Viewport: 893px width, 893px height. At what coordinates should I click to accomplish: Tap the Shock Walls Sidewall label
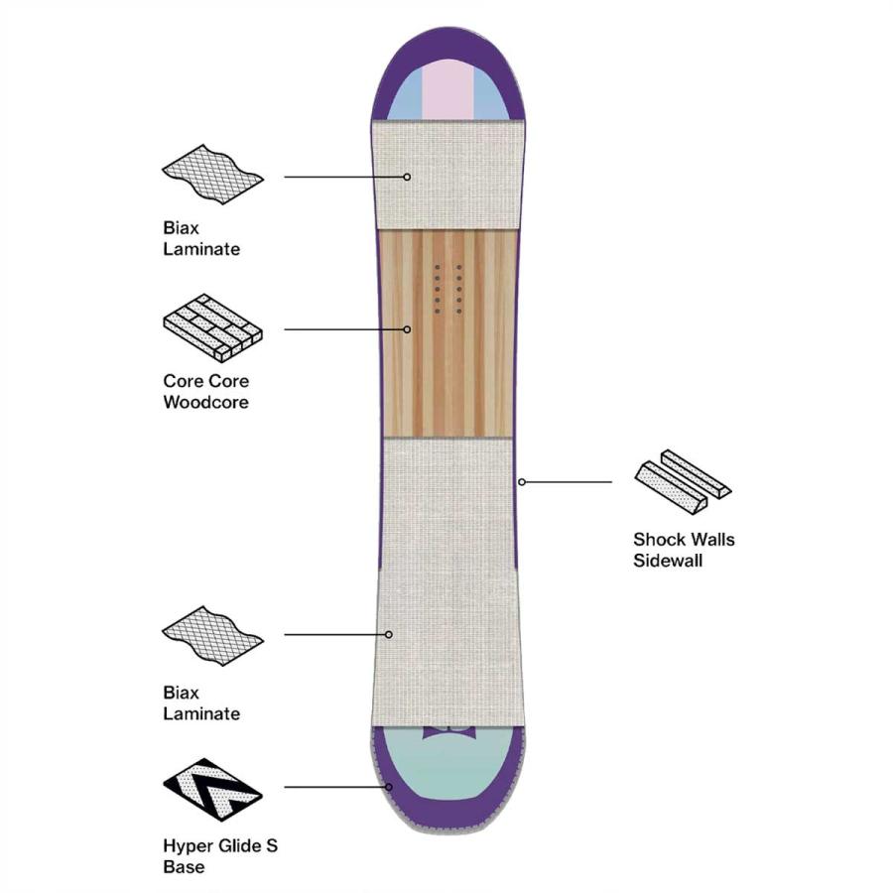click(684, 551)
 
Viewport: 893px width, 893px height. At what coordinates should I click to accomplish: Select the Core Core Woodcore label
click(205, 392)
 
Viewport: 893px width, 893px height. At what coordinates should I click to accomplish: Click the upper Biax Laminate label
click(201, 239)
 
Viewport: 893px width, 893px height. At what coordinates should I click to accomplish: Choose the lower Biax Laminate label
click(201, 703)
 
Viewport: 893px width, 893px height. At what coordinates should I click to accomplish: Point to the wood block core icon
click(211, 327)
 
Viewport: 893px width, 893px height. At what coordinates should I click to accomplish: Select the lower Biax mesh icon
click(212, 636)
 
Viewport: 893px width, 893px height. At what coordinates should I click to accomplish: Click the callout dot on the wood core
click(407, 329)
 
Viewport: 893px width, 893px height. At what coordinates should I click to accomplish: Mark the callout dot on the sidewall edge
click(522, 482)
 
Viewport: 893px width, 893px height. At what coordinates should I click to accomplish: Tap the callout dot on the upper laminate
click(407, 177)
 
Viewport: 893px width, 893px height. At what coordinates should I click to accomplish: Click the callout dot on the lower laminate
click(390, 634)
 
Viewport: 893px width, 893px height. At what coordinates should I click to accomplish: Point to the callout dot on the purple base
click(390, 787)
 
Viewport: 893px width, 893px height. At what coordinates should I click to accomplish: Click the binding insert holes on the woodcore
click(448, 289)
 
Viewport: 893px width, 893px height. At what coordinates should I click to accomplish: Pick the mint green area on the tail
click(446, 769)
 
